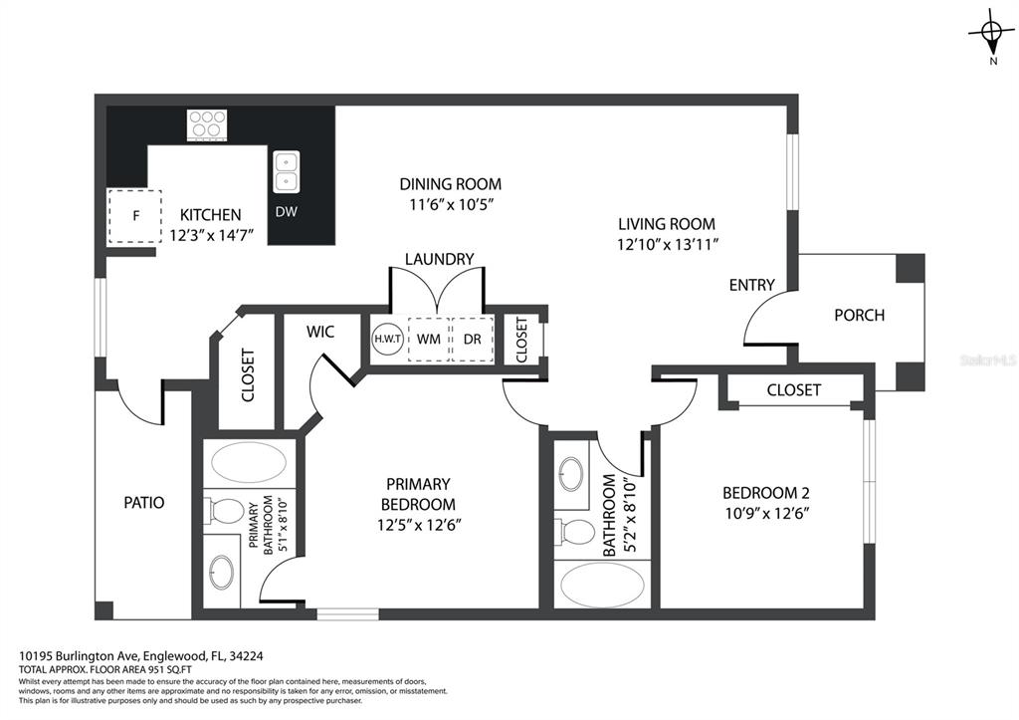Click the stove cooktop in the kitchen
pyautogui.click(x=207, y=124)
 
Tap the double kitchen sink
pyautogui.click(x=286, y=171)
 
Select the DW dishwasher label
pyautogui.click(x=286, y=211)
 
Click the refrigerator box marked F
pyautogui.click(x=134, y=216)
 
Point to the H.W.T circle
pyautogui.click(x=387, y=339)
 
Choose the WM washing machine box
pyautogui.click(x=428, y=339)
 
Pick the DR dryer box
pyautogui.click(x=473, y=339)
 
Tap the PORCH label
pyautogui.click(x=859, y=316)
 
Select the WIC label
pyautogui.click(x=320, y=332)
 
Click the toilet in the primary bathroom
pyautogui.click(x=224, y=511)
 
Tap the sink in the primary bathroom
pyautogui.click(x=222, y=572)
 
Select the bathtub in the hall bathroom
pyautogui.click(x=602, y=584)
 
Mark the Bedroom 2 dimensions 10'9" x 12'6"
pyautogui.click(x=766, y=513)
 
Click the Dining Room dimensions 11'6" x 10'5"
pyautogui.click(x=451, y=204)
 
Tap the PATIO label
pyautogui.click(x=144, y=503)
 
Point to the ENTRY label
pyautogui.click(x=752, y=285)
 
